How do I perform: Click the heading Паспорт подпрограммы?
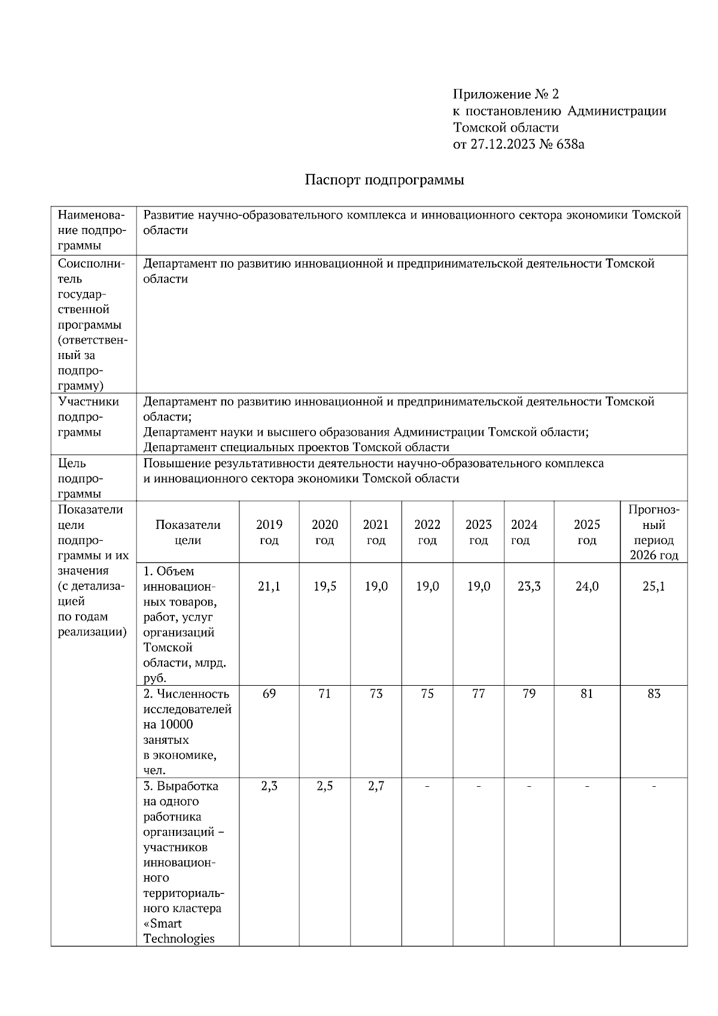[384, 180]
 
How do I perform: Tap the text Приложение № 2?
[506, 94]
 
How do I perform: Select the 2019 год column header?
[269, 532]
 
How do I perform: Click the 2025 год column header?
[586, 532]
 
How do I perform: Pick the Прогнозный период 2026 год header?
[653, 532]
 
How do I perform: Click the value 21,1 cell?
[269, 586]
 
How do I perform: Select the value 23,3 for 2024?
[529, 586]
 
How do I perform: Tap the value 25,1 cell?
[653, 586]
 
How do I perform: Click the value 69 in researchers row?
[269, 693]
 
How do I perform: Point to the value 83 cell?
[653, 693]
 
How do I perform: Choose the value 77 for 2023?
[478, 693]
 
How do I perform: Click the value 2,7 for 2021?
[376, 786]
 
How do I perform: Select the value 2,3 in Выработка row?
[269, 786]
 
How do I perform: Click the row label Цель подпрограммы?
[80, 478]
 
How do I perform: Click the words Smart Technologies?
[178, 930]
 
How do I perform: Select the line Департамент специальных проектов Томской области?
[296, 448]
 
